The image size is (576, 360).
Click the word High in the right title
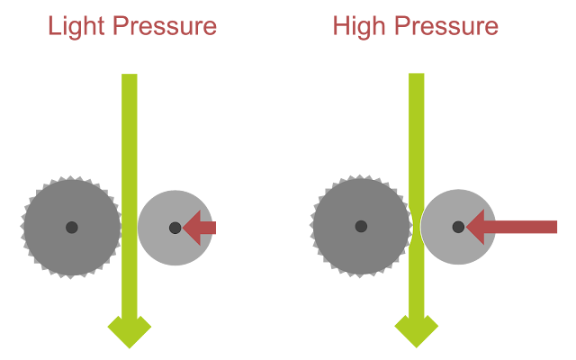355,26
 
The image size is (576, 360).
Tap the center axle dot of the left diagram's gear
71,227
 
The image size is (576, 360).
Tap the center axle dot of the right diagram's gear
361,226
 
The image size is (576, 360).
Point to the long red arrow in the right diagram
513,227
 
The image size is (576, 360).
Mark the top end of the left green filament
130,77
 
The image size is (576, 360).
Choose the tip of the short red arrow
184,228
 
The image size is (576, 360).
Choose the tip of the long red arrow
468,227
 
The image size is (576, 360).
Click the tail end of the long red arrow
555,227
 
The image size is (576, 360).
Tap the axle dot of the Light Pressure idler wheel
175,228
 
